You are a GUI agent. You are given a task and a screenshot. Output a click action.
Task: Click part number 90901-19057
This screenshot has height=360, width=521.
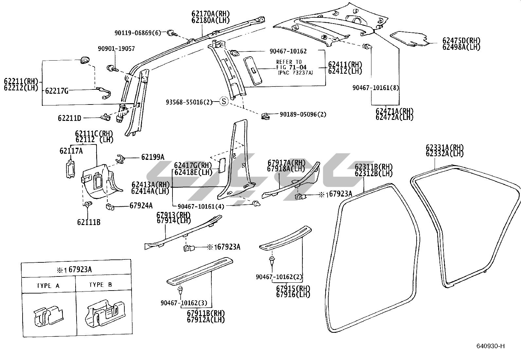tap(116, 49)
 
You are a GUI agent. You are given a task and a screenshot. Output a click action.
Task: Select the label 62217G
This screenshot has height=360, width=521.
tap(57, 91)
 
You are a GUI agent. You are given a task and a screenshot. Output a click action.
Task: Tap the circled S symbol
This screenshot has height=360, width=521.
tap(224, 102)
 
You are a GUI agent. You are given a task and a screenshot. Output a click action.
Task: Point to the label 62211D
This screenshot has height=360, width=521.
tap(70, 118)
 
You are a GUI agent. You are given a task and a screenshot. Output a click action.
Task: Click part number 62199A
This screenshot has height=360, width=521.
tap(153, 158)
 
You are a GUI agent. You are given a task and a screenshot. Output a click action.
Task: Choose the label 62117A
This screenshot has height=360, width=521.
tap(71, 151)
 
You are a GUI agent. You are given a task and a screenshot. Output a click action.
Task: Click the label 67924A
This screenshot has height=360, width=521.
tap(141, 206)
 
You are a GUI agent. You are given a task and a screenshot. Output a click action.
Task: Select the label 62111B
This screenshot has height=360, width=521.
tap(89, 222)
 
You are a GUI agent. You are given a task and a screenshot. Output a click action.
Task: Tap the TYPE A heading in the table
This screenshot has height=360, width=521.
tap(48, 286)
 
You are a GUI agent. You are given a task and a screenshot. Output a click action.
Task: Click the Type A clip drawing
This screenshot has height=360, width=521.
tap(48, 317)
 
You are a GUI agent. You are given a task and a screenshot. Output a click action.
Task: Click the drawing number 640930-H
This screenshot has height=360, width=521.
tap(491, 346)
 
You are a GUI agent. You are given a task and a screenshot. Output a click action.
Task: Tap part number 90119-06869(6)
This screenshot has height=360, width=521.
tap(138, 33)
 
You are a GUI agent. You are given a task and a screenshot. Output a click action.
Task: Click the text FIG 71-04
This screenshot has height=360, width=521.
tap(291, 67)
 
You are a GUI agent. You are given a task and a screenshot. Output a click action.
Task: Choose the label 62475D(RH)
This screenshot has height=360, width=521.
tap(461, 41)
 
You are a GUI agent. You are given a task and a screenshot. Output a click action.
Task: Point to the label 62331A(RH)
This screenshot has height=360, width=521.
tap(445, 147)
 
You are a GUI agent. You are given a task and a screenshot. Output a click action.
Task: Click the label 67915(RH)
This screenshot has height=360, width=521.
tap(293, 288)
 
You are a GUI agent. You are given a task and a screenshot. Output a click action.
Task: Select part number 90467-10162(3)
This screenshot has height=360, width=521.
tap(186, 303)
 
